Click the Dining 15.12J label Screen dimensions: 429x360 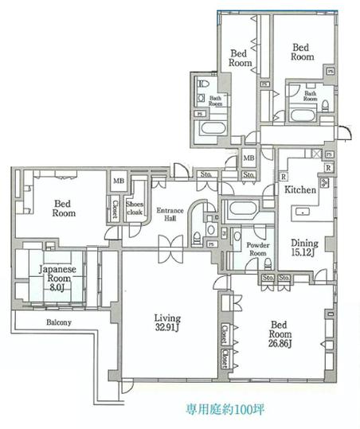304,248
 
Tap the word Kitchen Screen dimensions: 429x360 300,190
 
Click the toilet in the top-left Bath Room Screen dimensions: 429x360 202,82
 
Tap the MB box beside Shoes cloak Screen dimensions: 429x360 118,181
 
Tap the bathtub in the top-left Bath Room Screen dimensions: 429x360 213,128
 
